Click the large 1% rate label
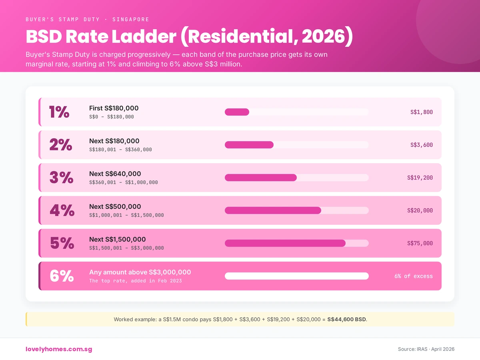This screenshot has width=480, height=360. pyautogui.click(x=59, y=112)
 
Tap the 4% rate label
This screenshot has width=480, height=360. pyautogui.click(x=62, y=210)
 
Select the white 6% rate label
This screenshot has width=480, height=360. pyautogui.click(x=62, y=276)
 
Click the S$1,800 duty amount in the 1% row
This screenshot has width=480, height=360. pyautogui.click(x=421, y=112)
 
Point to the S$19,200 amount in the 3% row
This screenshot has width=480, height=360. pyautogui.click(x=420, y=178)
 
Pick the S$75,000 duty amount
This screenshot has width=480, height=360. pyautogui.click(x=420, y=243)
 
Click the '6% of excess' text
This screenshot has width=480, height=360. pyautogui.click(x=413, y=276)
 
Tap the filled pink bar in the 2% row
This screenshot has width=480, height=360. pyautogui.click(x=249, y=145)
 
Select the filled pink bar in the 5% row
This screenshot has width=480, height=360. pyautogui.click(x=285, y=243)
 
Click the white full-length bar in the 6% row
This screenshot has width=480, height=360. pyautogui.click(x=296, y=276)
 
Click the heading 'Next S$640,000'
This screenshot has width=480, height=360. pyautogui.click(x=115, y=174)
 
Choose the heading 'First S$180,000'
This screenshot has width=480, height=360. pyautogui.click(x=114, y=108)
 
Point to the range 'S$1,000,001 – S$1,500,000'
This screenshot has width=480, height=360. pyautogui.click(x=126, y=215)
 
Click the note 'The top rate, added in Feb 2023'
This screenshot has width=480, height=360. pyautogui.click(x=135, y=281)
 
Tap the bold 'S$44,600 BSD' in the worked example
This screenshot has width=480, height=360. pyautogui.click(x=346, y=319)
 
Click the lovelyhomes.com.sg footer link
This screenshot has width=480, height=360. pyautogui.click(x=59, y=349)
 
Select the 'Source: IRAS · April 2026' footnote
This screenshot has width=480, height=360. pyautogui.click(x=426, y=349)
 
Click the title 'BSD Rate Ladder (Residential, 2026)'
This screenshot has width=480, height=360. pyautogui.click(x=189, y=37)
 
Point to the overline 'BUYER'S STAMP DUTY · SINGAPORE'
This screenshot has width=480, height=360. pyautogui.click(x=87, y=19)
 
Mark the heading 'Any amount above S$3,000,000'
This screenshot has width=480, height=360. pyautogui.click(x=140, y=272)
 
